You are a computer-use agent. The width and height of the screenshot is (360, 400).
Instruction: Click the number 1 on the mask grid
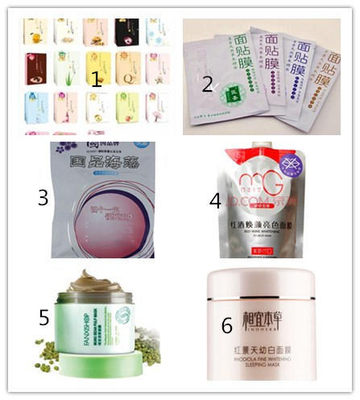tap(96, 79)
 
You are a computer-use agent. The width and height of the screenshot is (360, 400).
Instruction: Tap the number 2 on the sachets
tap(207, 84)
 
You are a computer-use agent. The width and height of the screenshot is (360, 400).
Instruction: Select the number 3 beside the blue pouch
tap(43, 198)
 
